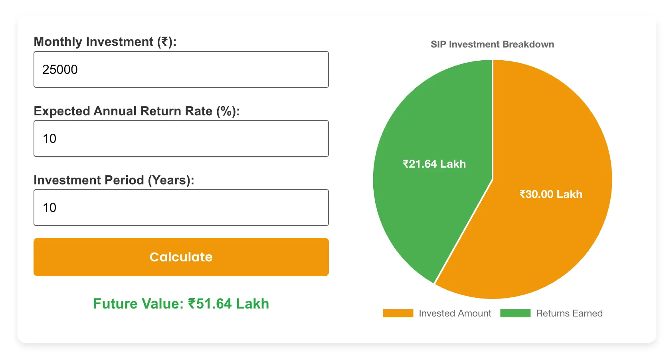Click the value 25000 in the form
[x=60, y=69]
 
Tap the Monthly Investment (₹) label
[x=105, y=42]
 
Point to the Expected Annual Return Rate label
[x=137, y=111]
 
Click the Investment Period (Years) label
[x=114, y=180]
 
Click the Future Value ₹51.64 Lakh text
[x=181, y=304]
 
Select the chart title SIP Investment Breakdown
[x=492, y=44]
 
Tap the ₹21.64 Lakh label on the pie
[x=434, y=164]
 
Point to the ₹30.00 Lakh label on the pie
[x=551, y=194]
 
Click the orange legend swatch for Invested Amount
[x=398, y=313]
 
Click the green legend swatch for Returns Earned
[x=515, y=313]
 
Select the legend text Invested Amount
[x=455, y=313]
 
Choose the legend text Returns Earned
[x=569, y=313]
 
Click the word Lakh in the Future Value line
[x=252, y=304]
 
